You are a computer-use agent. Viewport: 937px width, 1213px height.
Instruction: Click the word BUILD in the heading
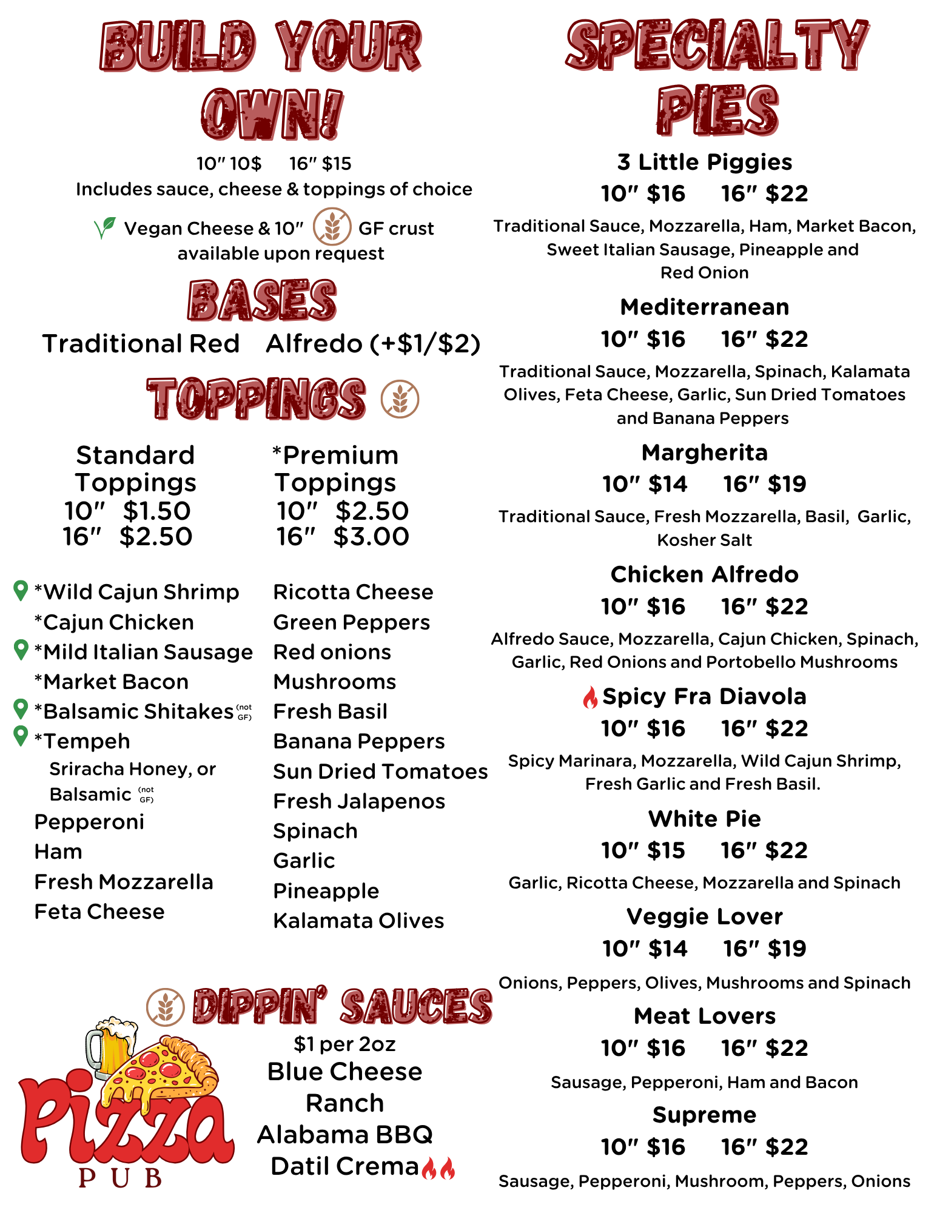click(178, 47)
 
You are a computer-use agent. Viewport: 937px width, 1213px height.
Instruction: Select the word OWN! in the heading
click(272, 114)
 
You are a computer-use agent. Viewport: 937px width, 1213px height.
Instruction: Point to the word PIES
click(717, 111)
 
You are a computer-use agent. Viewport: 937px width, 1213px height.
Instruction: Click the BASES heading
click(263, 300)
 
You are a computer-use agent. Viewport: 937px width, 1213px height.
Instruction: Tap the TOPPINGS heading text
click(257, 398)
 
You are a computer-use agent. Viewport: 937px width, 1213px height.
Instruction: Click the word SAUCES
click(417, 1007)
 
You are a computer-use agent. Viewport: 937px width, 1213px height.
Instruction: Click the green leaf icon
click(105, 227)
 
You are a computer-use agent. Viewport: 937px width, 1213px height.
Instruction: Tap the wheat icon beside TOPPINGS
click(400, 399)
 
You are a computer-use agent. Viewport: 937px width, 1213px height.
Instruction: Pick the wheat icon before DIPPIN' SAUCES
click(165, 1007)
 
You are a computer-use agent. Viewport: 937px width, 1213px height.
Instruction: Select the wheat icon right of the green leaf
click(332, 227)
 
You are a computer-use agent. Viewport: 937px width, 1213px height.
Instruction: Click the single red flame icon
click(590, 697)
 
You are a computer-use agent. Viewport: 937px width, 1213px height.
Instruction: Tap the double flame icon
click(438, 1168)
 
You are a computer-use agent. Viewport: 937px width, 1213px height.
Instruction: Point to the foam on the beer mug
click(116, 1028)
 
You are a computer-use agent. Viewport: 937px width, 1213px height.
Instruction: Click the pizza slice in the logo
click(164, 1070)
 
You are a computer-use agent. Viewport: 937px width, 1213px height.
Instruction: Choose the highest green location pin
click(21, 590)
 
